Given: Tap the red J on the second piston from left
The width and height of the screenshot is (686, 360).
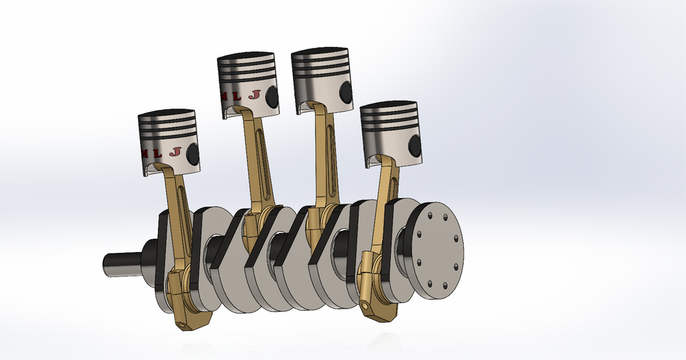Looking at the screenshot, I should coord(253,94).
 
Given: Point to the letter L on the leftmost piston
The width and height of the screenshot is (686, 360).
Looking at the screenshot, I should coord(158,153).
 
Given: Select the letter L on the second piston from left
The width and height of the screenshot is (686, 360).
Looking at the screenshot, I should coord(237,95).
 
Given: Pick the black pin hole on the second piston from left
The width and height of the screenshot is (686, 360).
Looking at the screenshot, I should coord(272,94).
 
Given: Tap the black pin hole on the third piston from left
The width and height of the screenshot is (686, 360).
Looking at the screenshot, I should coord(347,91).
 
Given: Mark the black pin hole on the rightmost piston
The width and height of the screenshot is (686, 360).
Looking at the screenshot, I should coord(414,145).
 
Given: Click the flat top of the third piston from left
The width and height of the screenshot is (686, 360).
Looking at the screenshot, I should coord(322,53).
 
